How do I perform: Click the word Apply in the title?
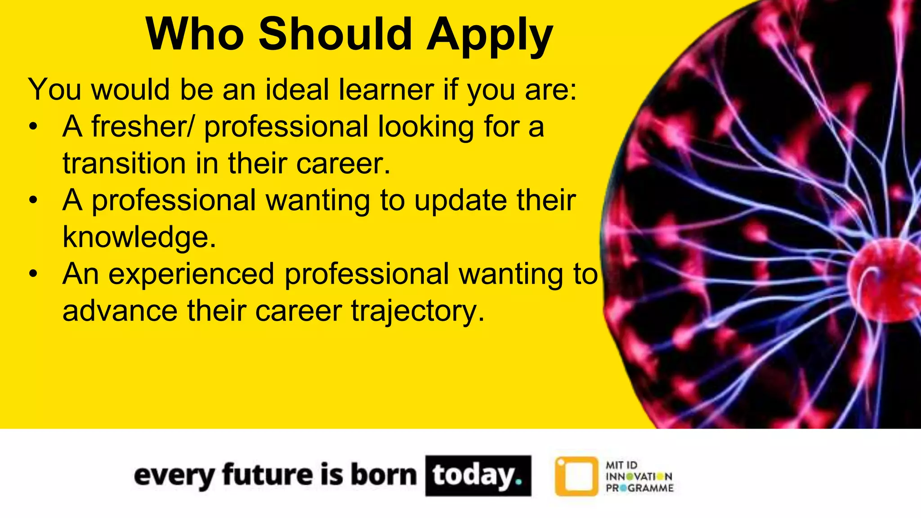pyautogui.click(x=490, y=35)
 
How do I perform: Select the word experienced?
pyautogui.click(x=191, y=274)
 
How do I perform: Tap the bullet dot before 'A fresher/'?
pyautogui.click(x=33, y=127)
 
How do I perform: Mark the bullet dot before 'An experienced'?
pyautogui.click(x=33, y=274)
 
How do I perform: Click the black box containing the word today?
pyautogui.click(x=478, y=476)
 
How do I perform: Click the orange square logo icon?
pyautogui.click(x=577, y=476)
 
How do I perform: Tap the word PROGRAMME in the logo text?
pyautogui.click(x=639, y=488)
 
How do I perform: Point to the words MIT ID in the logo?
pyautogui.click(x=621, y=465)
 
